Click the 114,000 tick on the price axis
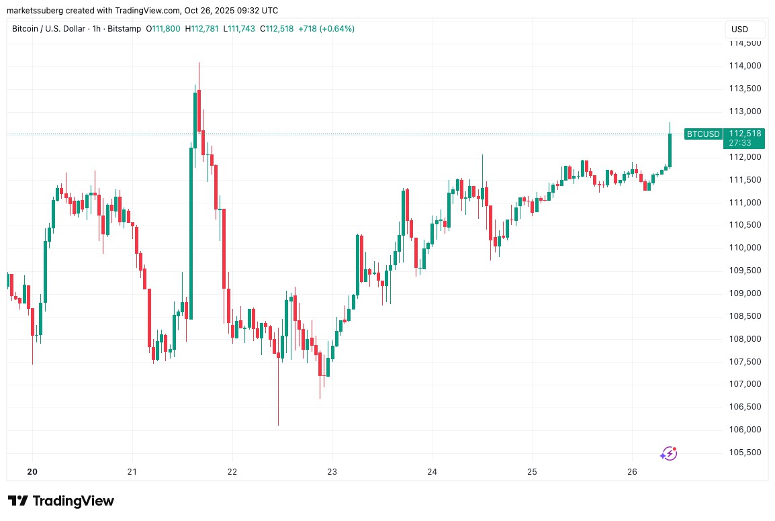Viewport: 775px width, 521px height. (x=744, y=66)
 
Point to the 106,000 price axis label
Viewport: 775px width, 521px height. (x=744, y=430)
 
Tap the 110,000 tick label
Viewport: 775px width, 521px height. (x=744, y=248)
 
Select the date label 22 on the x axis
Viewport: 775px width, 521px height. (x=232, y=472)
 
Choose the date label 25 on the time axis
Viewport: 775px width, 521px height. (x=532, y=472)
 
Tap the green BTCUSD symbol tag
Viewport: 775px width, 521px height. (x=703, y=134)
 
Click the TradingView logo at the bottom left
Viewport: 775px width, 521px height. (x=61, y=501)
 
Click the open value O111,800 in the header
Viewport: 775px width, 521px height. (x=163, y=29)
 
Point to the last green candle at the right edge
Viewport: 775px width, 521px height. (x=670, y=149)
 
